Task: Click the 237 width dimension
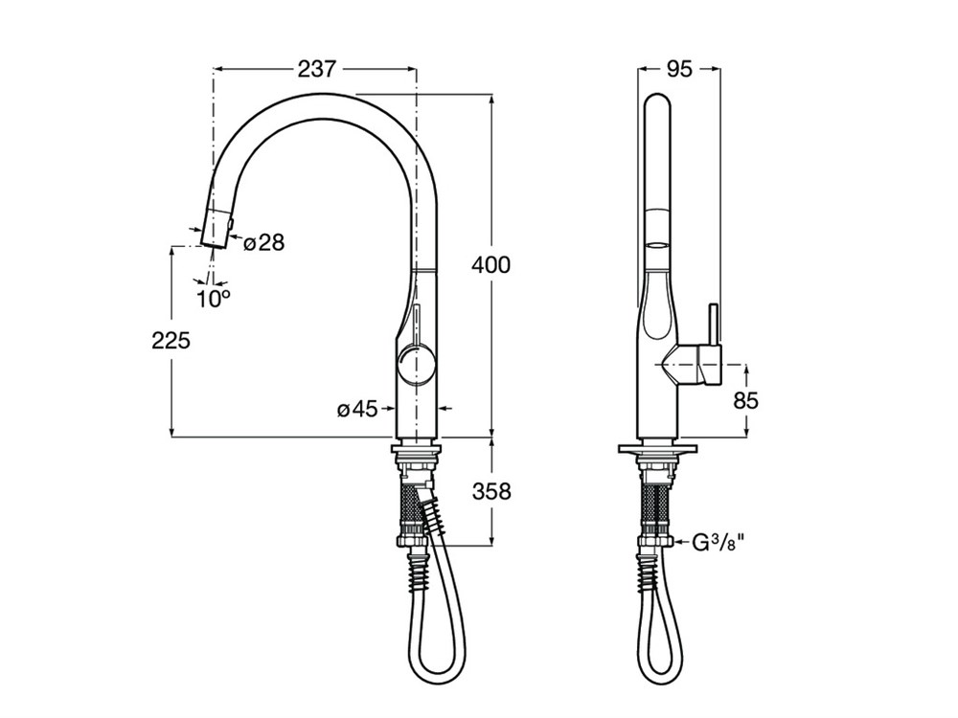316,69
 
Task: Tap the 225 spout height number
171,340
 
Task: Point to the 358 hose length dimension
491,491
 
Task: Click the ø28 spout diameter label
264,243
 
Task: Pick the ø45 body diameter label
357,410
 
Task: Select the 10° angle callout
214,299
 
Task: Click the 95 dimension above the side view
679,69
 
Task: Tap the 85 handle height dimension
745,400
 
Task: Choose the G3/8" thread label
719,541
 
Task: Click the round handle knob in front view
416,365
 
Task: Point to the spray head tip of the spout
214,243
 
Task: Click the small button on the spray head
230,227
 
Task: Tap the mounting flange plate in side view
657,449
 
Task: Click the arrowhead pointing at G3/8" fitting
679,541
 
